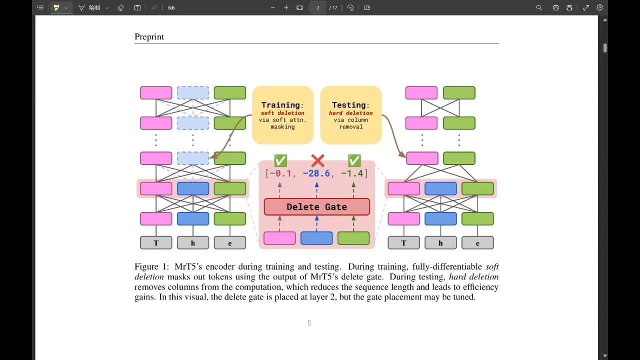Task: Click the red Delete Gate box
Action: [x=316, y=206]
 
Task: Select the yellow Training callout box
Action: [x=282, y=115]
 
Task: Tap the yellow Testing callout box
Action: [x=350, y=115]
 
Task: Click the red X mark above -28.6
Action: [x=317, y=160]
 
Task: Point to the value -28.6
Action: [x=316, y=173]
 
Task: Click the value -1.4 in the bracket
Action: [x=352, y=173]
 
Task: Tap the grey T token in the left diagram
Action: [x=156, y=243]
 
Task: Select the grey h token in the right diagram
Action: [x=440, y=243]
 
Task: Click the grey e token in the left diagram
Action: [x=230, y=243]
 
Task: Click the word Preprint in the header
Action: [x=149, y=36]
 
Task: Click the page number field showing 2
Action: [x=318, y=7]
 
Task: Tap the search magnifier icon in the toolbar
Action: [x=539, y=7]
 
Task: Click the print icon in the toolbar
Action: [x=555, y=7]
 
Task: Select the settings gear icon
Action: [x=599, y=7]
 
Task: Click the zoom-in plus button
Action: [x=286, y=7]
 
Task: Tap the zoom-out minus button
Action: [x=272, y=7]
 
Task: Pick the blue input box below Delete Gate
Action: [x=316, y=238]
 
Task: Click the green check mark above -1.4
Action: [x=354, y=160]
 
